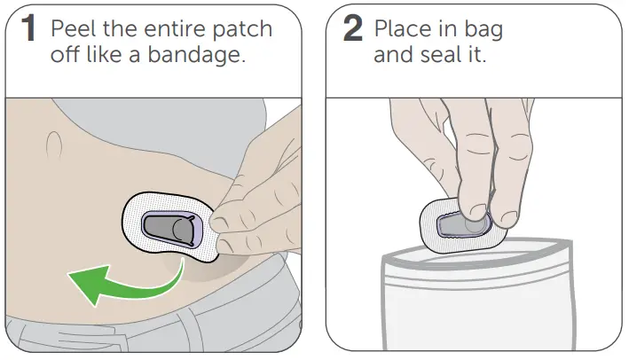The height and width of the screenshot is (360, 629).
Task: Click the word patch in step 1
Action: coord(247,28)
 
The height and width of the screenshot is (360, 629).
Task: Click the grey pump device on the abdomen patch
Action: coord(169,229)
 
